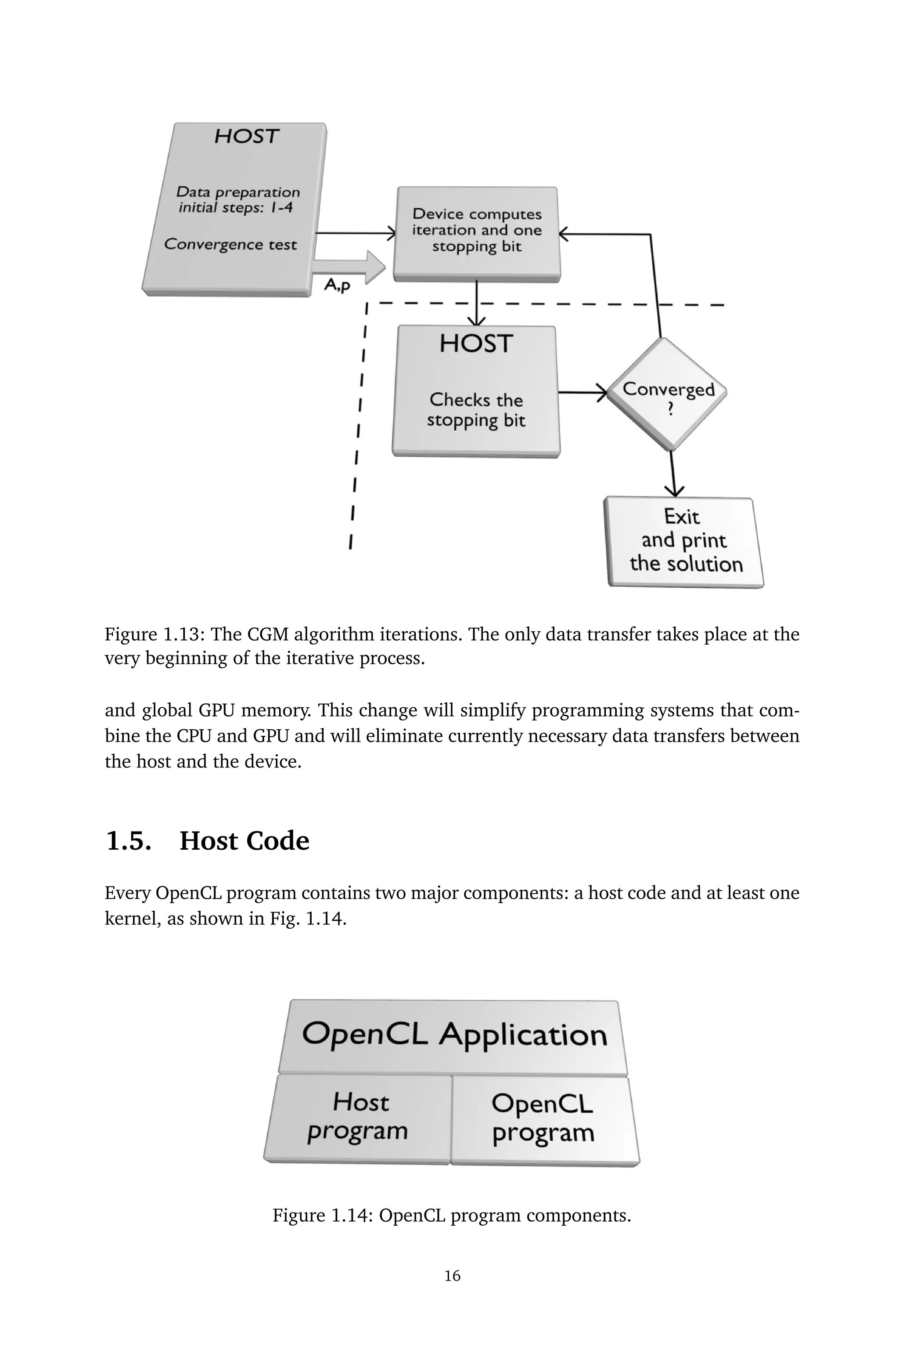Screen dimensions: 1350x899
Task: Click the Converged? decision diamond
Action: tap(667, 394)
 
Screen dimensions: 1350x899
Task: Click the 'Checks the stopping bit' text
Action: tap(476, 409)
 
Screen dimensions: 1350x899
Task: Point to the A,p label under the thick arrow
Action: tap(337, 285)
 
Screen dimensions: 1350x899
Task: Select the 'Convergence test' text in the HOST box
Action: tap(230, 244)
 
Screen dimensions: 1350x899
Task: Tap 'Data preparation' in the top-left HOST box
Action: tap(238, 192)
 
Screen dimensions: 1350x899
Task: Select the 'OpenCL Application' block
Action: tap(453, 1035)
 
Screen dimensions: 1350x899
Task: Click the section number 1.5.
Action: tap(129, 841)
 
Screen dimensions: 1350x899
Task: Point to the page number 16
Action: tap(453, 1275)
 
